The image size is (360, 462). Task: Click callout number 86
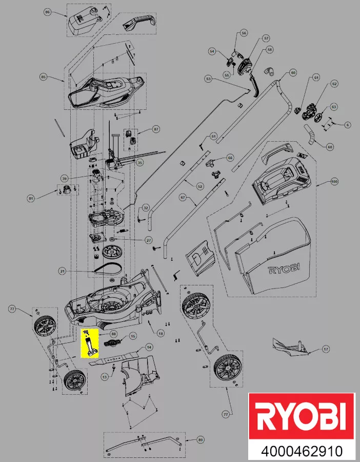tap(48, 11)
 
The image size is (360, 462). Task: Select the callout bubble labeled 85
tap(43, 77)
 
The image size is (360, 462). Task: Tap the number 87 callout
tap(156, 130)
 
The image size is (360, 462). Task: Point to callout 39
tap(65, 178)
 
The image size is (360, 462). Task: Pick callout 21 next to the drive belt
tap(62, 271)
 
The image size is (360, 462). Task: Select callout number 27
tap(149, 240)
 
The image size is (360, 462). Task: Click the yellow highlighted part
tap(90, 343)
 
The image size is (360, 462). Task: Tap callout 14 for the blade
tap(149, 347)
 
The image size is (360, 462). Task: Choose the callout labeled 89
tap(201, 440)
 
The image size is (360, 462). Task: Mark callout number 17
tap(325, 350)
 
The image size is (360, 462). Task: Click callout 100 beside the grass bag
tap(334, 182)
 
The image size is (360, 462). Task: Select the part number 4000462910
tap(302, 452)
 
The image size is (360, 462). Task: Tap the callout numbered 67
tap(182, 197)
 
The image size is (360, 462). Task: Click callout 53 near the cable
tap(208, 79)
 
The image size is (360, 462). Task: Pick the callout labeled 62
tap(334, 84)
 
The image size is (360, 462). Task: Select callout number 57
tap(266, 38)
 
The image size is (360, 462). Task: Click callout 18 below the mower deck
tap(161, 334)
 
